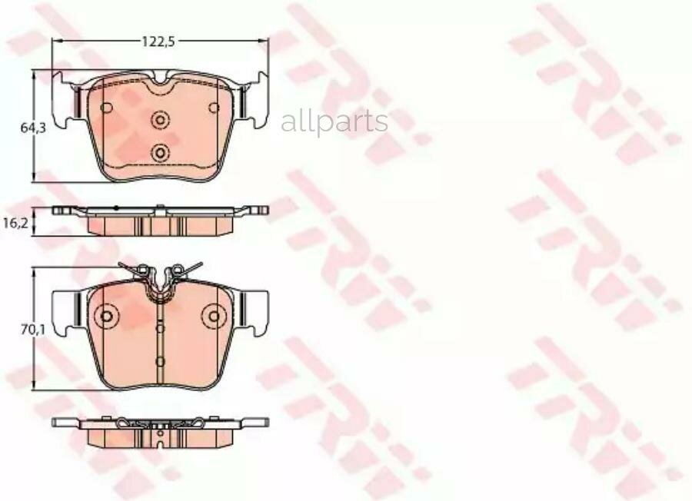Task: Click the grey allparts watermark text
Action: (x=334, y=121)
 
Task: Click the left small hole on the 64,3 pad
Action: (x=106, y=107)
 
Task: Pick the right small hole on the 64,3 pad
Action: (x=214, y=107)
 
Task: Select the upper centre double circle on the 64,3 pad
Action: (x=160, y=120)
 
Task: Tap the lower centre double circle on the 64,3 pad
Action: (x=160, y=153)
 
